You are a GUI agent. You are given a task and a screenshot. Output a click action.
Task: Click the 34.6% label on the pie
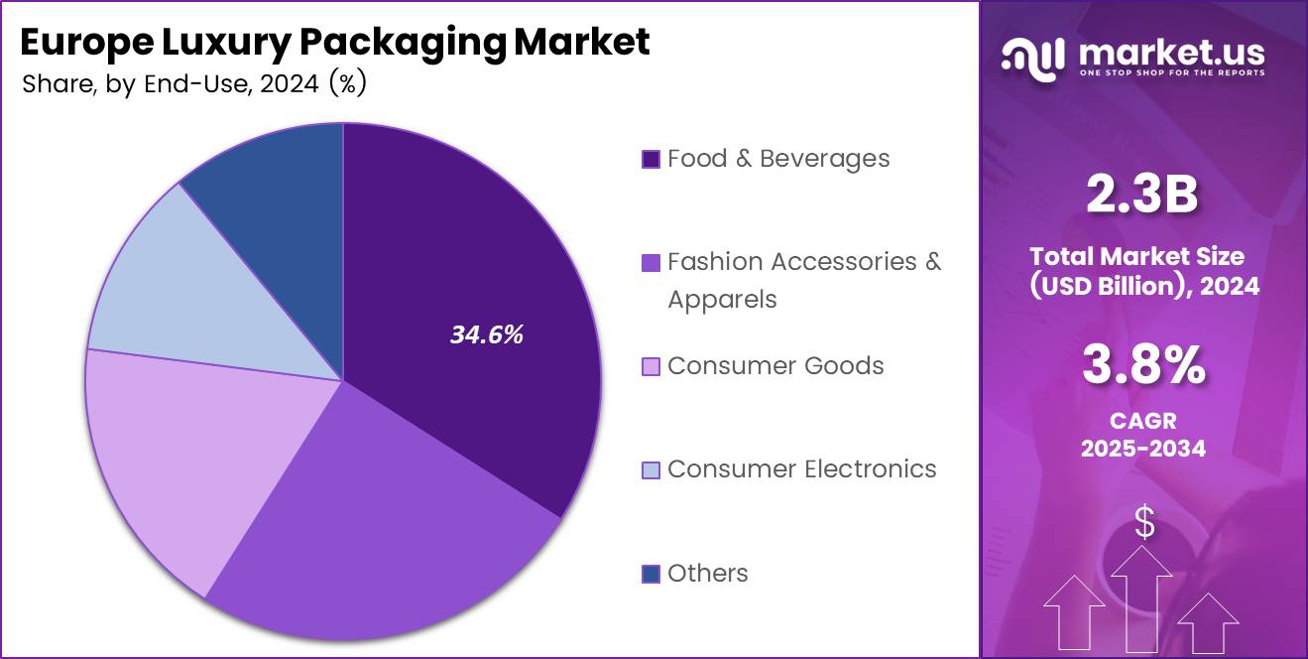(x=486, y=335)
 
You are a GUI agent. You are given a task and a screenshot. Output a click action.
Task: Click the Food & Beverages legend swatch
(x=651, y=159)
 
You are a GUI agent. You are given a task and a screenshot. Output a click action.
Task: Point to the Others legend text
(x=707, y=573)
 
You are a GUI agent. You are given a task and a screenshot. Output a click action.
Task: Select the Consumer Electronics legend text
(x=801, y=468)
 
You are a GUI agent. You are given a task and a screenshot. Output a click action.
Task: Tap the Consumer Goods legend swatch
(x=651, y=366)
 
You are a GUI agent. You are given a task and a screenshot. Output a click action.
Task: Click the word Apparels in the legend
(x=722, y=299)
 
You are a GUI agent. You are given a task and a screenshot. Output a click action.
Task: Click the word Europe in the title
(x=82, y=42)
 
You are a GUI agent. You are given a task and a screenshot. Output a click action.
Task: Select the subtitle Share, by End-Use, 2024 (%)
(x=194, y=84)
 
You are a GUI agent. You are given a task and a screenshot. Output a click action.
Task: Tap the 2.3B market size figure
(x=1142, y=196)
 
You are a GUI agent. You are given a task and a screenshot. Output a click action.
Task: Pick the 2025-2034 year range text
(x=1143, y=448)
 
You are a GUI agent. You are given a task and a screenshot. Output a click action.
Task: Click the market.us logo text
(x=1170, y=52)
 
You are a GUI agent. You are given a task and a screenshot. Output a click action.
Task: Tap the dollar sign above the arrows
(x=1144, y=522)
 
